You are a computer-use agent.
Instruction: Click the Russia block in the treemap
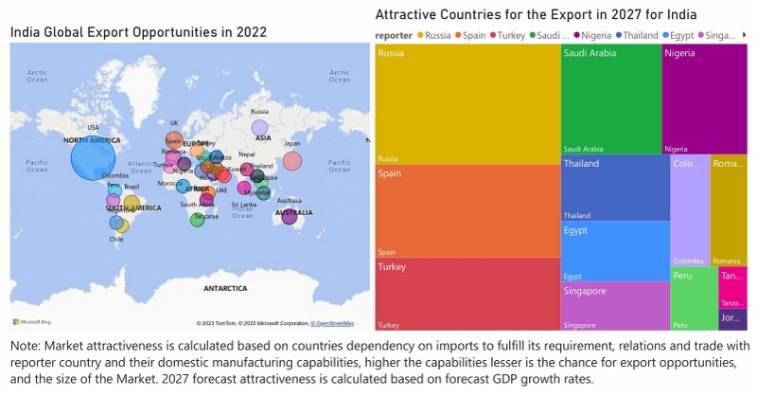coord(467,104)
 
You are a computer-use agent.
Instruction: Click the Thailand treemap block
coord(615,188)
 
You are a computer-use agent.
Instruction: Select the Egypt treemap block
coord(615,251)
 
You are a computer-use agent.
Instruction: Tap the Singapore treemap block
coord(615,305)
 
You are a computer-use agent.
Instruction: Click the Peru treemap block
coord(694,298)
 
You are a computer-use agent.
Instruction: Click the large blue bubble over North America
coord(93,157)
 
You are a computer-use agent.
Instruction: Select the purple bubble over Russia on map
coord(259,128)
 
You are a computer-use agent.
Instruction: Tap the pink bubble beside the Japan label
coord(292,161)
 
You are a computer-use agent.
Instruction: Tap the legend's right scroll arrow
coord(745,35)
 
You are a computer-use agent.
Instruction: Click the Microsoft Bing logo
coord(32,323)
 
